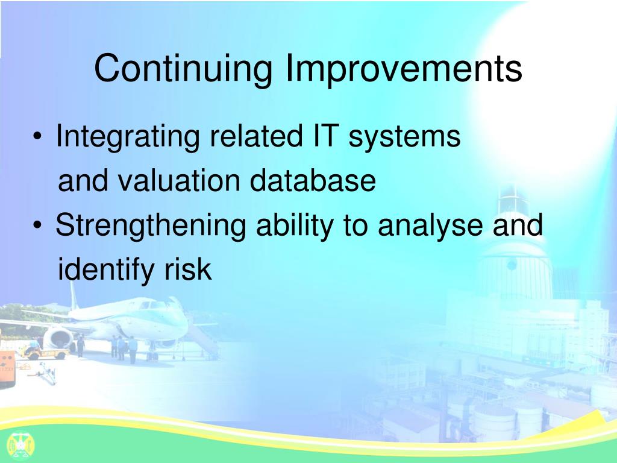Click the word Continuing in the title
point(183,69)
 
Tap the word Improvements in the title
point(404,69)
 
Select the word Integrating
point(128,137)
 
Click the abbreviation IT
point(325,135)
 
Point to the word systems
point(404,137)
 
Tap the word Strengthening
point(151,225)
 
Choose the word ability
point(295,225)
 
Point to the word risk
point(188,269)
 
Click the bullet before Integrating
point(37,137)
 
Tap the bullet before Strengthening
point(37,225)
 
